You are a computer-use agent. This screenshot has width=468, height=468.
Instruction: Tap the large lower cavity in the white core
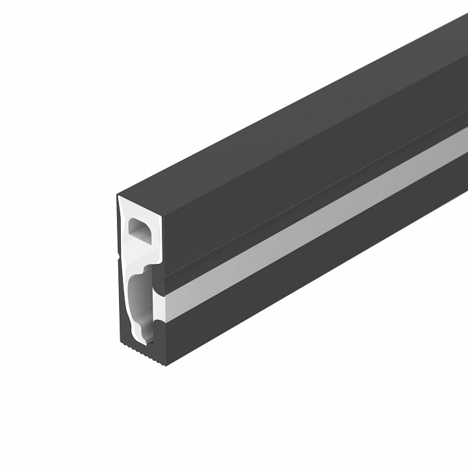click(138, 305)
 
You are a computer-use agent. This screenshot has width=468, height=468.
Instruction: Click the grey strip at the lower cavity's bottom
click(148, 333)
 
